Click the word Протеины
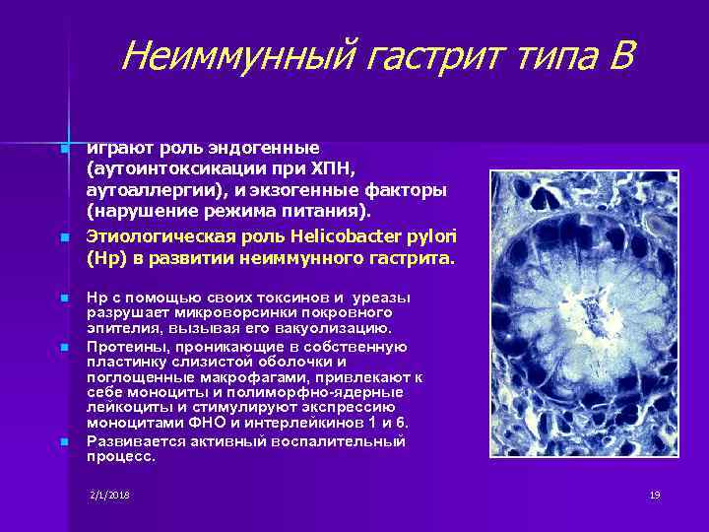tap(120, 347)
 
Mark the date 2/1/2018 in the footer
tap(109, 494)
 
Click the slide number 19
tap(654, 494)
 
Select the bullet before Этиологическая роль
tap(64, 239)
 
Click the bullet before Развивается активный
tap(64, 442)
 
